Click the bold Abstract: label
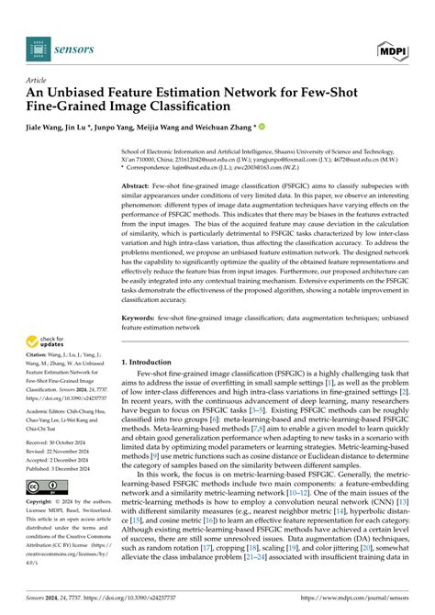coord(140,186)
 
